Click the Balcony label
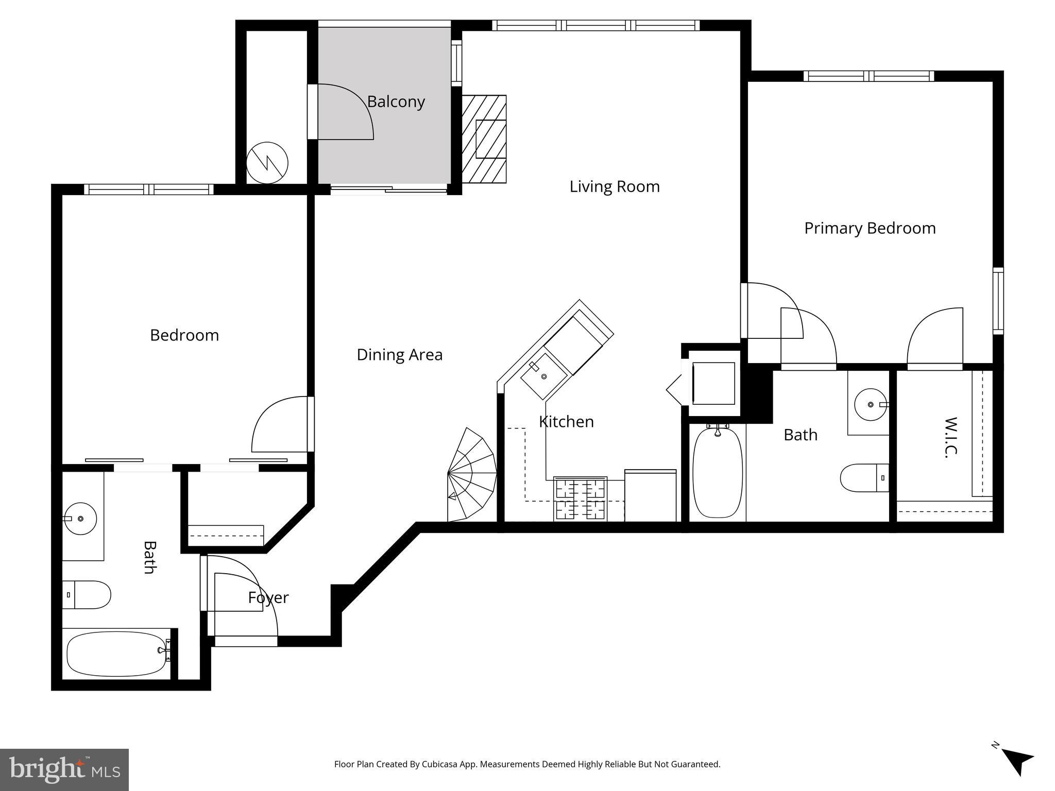(396, 102)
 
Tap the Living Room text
(614, 186)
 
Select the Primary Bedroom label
(870, 228)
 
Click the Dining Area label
(399, 355)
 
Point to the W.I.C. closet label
(951, 437)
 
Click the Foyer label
(268, 597)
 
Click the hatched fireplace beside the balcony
(484, 139)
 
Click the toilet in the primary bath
(864, 478)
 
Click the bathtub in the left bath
(116, 654)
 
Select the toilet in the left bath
(87, 595)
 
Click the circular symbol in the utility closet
(267, 163)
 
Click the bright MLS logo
(64, 770)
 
